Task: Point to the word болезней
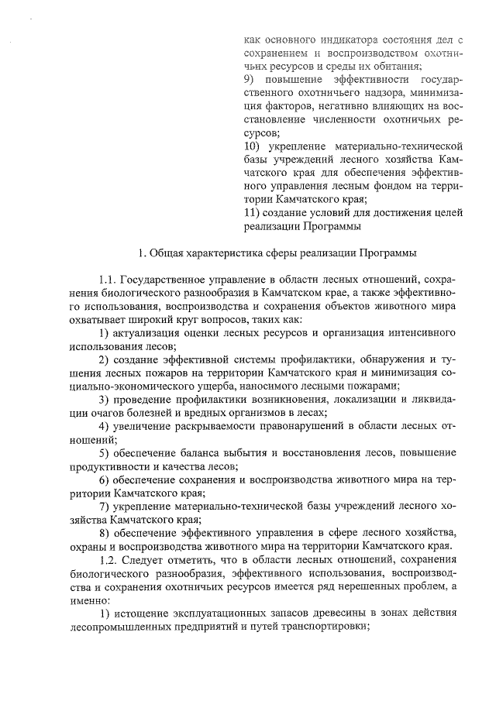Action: pyautogui.click(x=169, y=414)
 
